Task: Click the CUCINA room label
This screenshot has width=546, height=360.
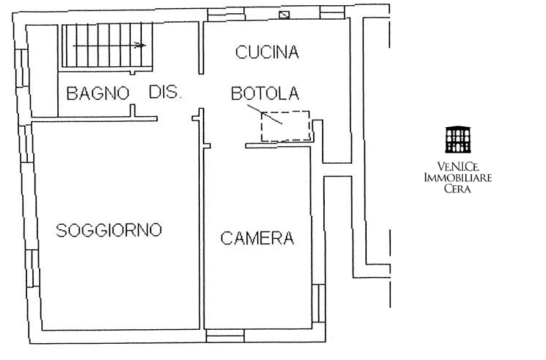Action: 267,52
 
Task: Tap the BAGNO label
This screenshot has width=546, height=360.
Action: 98,93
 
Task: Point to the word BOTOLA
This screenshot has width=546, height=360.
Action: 265,93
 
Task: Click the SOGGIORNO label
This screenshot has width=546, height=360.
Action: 109,230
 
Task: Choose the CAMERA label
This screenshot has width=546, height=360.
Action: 257,239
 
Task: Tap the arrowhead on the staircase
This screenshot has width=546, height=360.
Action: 140,45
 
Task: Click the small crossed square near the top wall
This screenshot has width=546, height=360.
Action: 284,15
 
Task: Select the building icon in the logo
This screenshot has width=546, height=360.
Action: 458,140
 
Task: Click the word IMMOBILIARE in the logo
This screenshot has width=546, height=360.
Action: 458,178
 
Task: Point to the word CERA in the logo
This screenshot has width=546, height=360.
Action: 458,189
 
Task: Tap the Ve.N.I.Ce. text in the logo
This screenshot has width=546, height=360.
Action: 458,167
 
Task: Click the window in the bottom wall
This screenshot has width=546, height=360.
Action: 225,336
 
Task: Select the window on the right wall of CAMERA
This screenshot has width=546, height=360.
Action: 319,303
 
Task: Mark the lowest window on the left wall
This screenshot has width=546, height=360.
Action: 32,268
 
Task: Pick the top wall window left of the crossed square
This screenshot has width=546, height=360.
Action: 226,14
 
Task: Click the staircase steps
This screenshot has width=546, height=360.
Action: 107,45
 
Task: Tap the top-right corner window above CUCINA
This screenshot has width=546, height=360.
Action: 332,12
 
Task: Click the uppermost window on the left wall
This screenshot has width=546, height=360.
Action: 21,68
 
